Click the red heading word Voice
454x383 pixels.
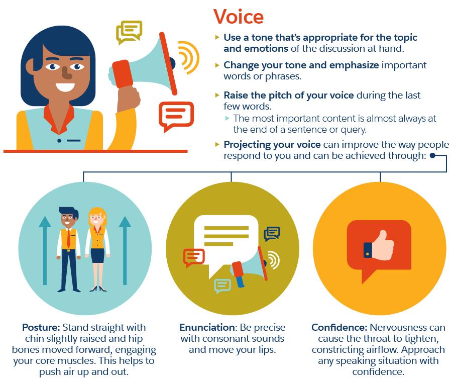[239, 17]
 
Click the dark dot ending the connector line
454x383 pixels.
[432, 156]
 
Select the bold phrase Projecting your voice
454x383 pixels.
[272, 144]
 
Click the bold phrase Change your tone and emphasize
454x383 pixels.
[301, 65]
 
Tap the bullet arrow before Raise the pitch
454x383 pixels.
[217, 94]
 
